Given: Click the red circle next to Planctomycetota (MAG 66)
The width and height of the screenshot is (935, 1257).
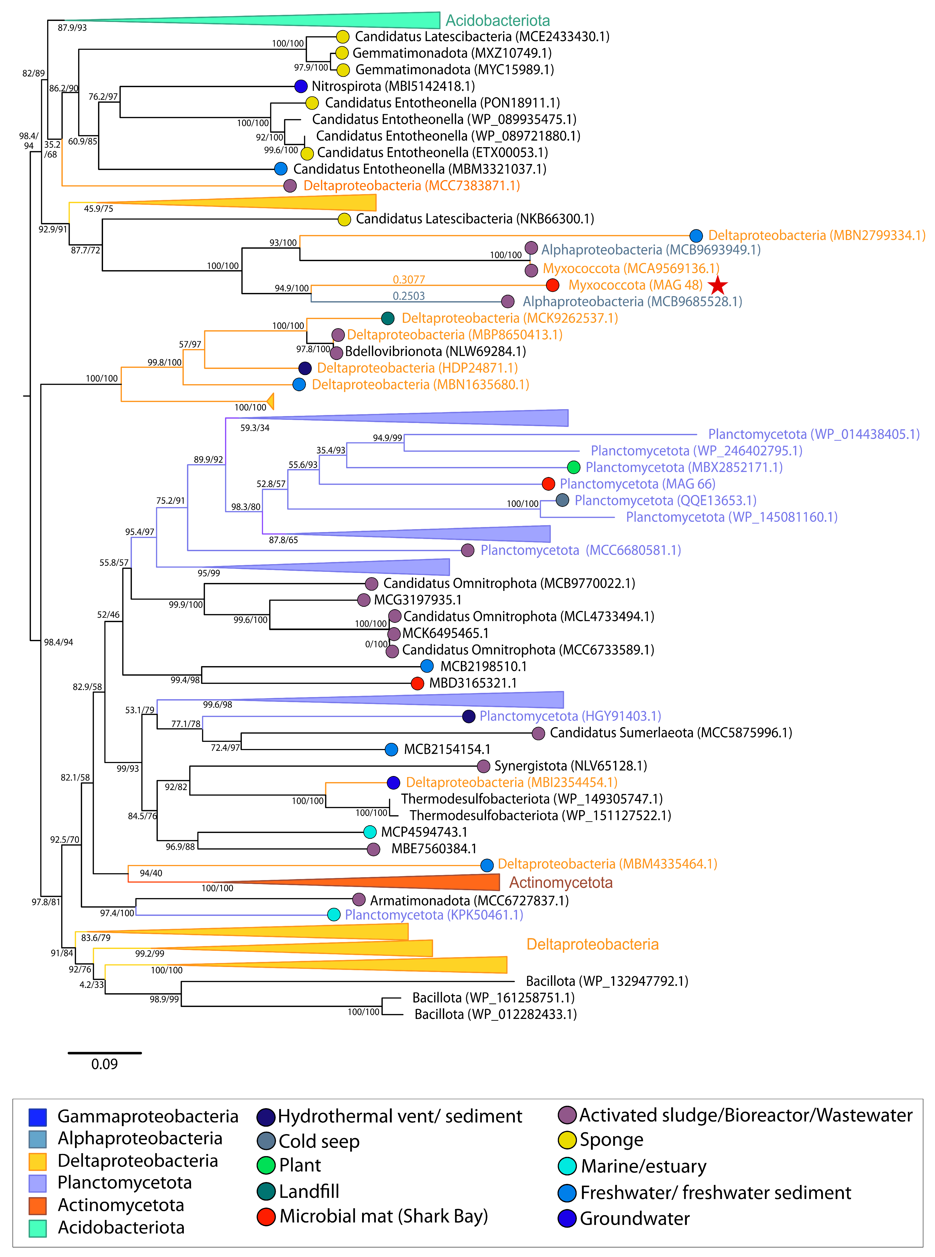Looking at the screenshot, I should tap(548, 484).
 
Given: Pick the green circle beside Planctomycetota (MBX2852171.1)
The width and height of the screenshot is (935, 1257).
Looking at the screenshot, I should tap(573, 467).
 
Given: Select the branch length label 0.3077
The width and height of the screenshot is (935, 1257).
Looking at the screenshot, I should tap(409, 280).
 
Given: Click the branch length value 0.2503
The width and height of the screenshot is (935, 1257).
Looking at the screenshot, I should tap(409, 296).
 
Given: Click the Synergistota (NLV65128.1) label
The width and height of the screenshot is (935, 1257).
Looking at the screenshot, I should tap(571, 766).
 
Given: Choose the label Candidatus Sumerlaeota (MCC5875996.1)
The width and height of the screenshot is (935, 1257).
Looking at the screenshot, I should tap(671, 733).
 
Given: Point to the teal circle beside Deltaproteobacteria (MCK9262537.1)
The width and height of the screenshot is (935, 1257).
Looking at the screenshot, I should tap(388, 318).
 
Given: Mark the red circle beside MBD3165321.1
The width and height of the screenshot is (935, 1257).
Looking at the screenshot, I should tap(417, 683).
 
